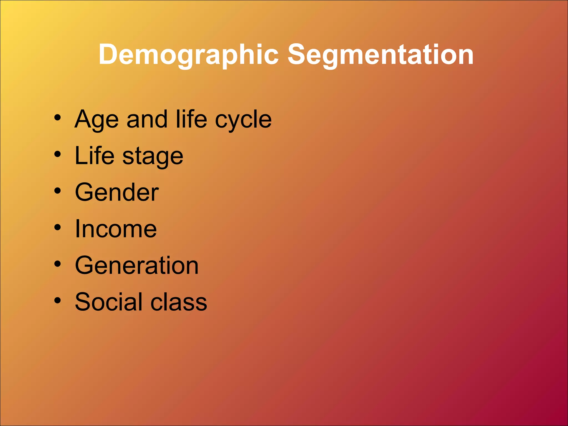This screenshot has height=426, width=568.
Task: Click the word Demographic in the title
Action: (189, 55)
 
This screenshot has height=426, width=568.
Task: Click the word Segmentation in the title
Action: (380, 55)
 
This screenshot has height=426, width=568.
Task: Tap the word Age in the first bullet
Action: (97, 120)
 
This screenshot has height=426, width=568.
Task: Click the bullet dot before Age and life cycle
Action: (57, 118)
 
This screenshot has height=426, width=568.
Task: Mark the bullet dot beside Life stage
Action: (57, 154)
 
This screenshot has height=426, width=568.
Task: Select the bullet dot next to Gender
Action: (57, 191)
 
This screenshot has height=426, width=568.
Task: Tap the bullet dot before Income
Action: (57, 227)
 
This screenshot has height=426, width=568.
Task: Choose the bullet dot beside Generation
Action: (57, 264)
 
